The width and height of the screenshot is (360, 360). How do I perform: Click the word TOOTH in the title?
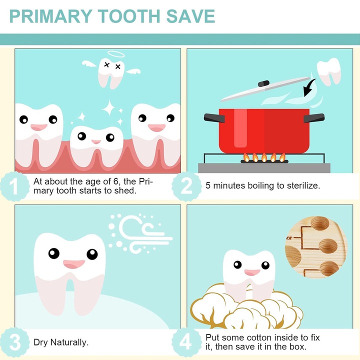[129, 16]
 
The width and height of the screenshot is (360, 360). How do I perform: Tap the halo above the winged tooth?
[116, 54]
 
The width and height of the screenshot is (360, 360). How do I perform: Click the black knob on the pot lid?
[263, 83]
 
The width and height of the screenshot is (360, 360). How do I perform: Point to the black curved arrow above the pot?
[309, 87]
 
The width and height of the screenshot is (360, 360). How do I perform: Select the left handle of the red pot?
[214, 118]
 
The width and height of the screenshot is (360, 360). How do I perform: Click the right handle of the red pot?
[314, 118]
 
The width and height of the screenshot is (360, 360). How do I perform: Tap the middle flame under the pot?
[264, 157]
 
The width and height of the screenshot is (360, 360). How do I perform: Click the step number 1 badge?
[15, 186]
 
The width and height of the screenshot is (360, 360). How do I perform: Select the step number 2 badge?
[186, 186]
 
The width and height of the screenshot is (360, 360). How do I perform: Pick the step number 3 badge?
[15, 342]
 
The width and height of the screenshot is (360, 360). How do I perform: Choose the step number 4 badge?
[186, 342]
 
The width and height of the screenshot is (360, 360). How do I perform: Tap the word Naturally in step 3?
[69, 342]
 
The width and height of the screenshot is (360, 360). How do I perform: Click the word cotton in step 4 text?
[257, 337]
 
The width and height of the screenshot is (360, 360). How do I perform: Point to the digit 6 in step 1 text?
[116, 181]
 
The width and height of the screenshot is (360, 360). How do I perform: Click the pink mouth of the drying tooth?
[74, 264]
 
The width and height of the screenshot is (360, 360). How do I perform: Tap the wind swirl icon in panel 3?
[140, 233]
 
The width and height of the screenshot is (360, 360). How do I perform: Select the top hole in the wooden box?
[320, 223]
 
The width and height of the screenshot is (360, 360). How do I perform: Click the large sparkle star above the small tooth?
[109, 107]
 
